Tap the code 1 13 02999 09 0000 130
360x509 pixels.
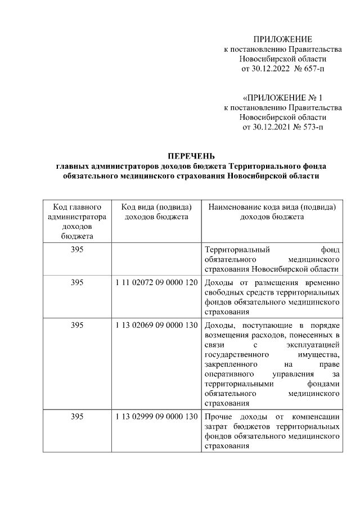(x=156, y=417)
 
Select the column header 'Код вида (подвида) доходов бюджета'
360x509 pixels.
(x=156, y=212)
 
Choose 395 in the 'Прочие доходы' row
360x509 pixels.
(x=76, y=417)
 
